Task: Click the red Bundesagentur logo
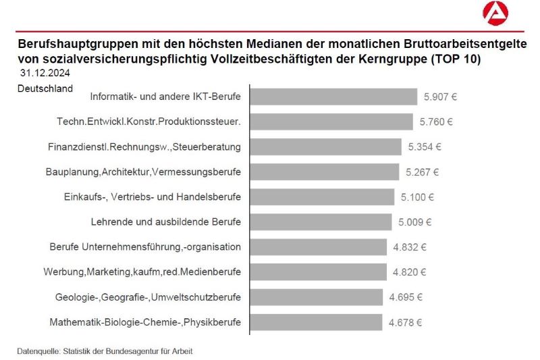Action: tap(495, 14)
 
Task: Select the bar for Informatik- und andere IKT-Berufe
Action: tap(333, 97)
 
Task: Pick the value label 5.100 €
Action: tap(417, 197)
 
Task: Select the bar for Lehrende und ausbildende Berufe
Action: tap(321, 222)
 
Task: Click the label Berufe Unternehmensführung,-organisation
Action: tap(145, 247)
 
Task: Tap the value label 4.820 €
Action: tap(410, 272)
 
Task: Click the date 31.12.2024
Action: tap(45, 72)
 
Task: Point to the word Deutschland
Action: tap(45, 88)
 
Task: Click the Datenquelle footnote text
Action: tap(109, 351)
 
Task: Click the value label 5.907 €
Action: tap(440, 97)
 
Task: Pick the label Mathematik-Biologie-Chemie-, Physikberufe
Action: tap(145, 322)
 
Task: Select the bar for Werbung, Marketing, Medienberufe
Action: tap(318, 272)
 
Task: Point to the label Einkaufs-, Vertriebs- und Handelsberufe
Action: tap(147, 197)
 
